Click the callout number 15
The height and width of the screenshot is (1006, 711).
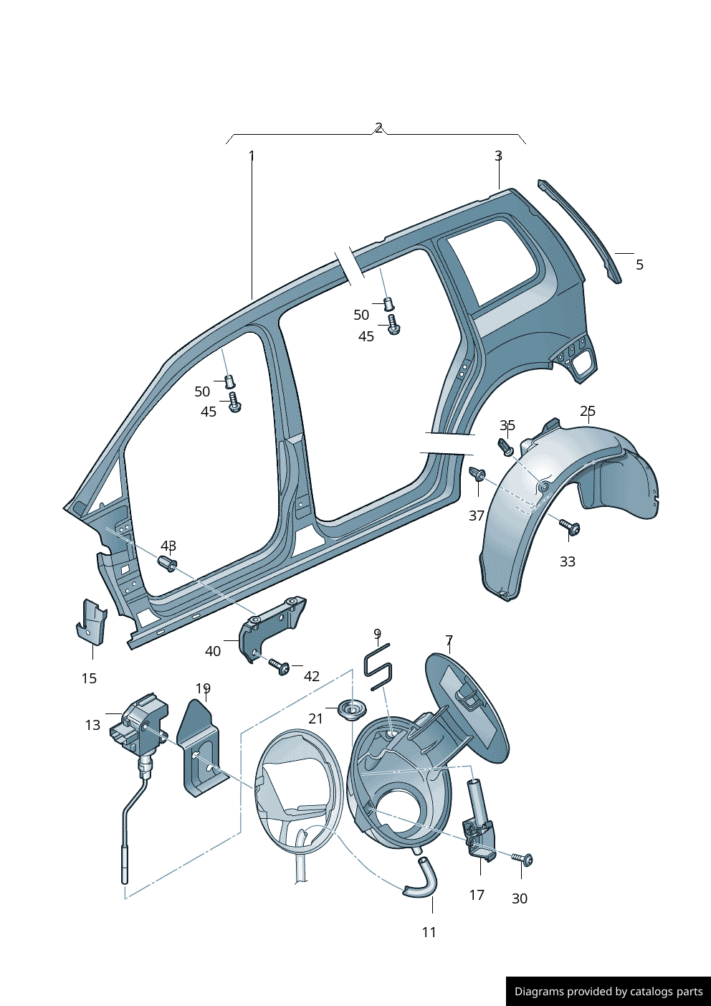pos(89,678)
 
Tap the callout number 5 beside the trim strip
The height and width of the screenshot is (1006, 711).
pos(639,265)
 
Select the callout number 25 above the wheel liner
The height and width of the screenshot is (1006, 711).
pos(588,411)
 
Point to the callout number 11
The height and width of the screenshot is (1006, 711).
pos(429,932)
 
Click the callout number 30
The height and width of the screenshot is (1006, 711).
pos(520,898)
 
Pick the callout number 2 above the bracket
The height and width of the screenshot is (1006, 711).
pos(378,128)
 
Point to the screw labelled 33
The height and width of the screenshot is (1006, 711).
pos(571,528)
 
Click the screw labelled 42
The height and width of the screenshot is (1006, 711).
pos(280,667)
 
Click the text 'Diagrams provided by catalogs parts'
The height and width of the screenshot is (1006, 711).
pos(609,992)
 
